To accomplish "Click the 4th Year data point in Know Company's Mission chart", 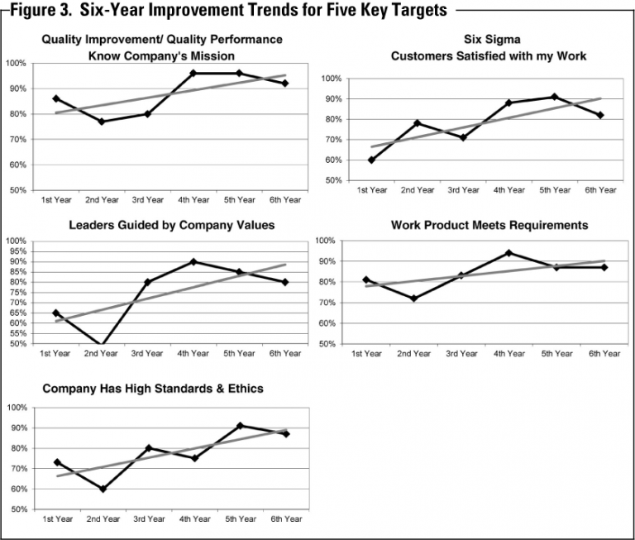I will pos(193,74).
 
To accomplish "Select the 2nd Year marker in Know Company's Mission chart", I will pos(102,122).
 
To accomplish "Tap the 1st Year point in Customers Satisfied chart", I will pos(371,160).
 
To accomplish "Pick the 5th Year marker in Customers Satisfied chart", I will pos(554,97).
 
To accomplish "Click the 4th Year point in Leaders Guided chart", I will pos(193,261).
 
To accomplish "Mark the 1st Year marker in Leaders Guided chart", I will pos(55,313).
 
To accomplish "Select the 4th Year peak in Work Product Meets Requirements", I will pos(508,253).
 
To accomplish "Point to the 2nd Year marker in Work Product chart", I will pos(413,299).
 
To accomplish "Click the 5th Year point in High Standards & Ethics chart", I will pos(240,426).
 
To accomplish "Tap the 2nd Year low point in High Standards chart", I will pos(102,489).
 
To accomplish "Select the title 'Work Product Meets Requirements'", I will pos(489,225).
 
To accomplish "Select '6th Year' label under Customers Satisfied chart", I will pos(599,190).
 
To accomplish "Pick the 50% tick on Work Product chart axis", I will pos(325,344).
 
